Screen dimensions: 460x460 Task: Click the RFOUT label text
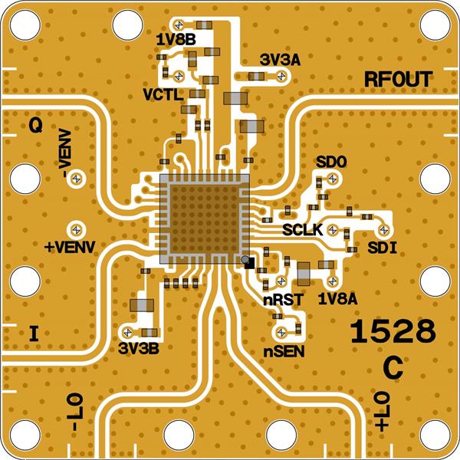click(x=398, y=80)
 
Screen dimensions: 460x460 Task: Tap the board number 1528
click(x=393, y=332)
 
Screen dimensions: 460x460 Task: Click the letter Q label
click(x=35, y=127)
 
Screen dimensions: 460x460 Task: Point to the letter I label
click(x=32, y=333)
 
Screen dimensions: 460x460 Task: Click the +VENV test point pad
click(x=76, y=229)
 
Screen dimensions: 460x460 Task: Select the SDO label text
click(x=331, y=163)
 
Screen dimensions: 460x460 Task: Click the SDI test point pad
click(x=386, y=230)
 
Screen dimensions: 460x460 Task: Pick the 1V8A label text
click(x=337, y=297)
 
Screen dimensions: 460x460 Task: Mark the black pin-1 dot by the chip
click(x=247, y=262)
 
